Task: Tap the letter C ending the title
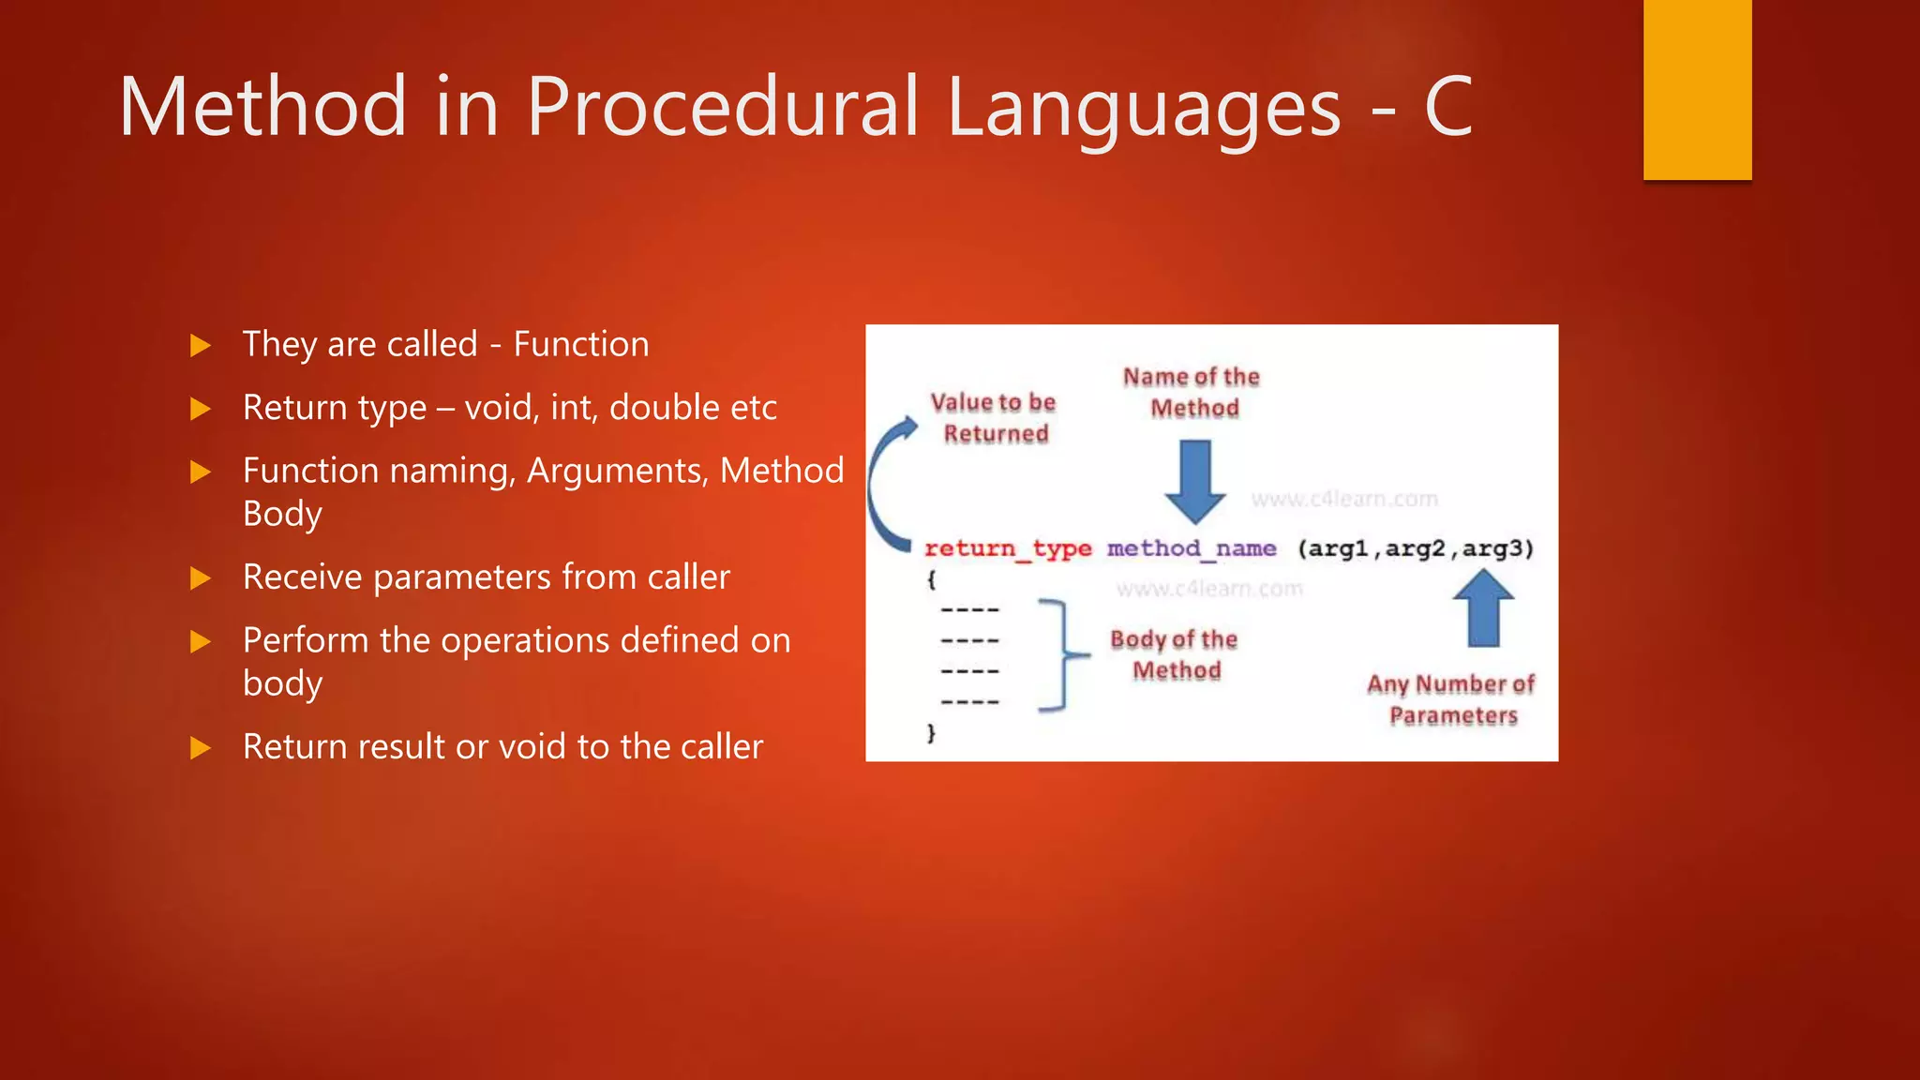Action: click(x=1447, y=107)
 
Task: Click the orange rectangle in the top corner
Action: click(x=1697, y=89)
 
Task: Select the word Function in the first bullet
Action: click(x=580, y=344)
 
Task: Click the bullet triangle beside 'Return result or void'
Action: click(x=200, y=748)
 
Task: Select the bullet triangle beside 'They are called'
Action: click(x=200, y=346)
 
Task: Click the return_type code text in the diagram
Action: click(x=1008, y=548)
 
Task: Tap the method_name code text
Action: click(x=1191, y=548)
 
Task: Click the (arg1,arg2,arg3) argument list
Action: click(x=1416, y=548)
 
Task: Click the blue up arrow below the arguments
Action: click(x=1483, y=609)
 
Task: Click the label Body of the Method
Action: click(x=1175, y=654)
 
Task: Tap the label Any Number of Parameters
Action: click(x=1451, y=699)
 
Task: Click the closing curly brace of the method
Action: click(x=931, y=732)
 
